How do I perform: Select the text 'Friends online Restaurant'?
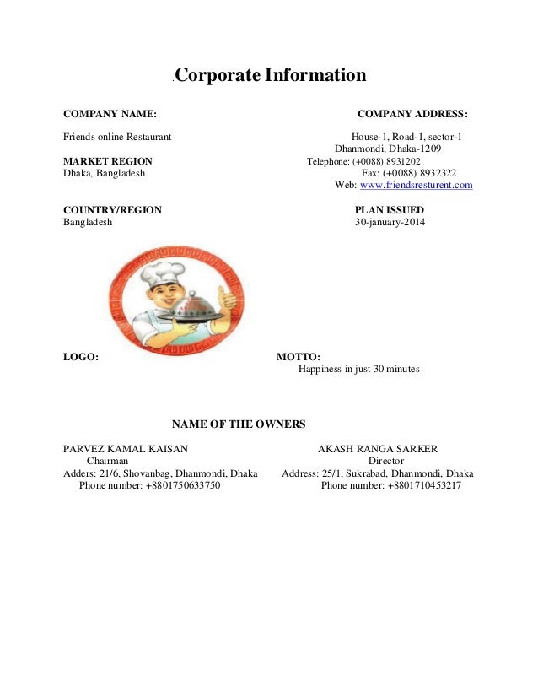click(118, 137)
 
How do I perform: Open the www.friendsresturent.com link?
click(416, 185)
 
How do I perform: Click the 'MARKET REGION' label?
click(108, 161)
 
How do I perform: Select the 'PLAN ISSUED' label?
click(390, 210)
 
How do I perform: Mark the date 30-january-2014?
click(390, 223)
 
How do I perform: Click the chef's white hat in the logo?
click(158, 273)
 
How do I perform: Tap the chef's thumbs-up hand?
click(226, 297)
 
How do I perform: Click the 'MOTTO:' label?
click(299, 357)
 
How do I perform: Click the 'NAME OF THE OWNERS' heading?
click(239, 424)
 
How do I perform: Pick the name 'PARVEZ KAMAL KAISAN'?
click(126, 449)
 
